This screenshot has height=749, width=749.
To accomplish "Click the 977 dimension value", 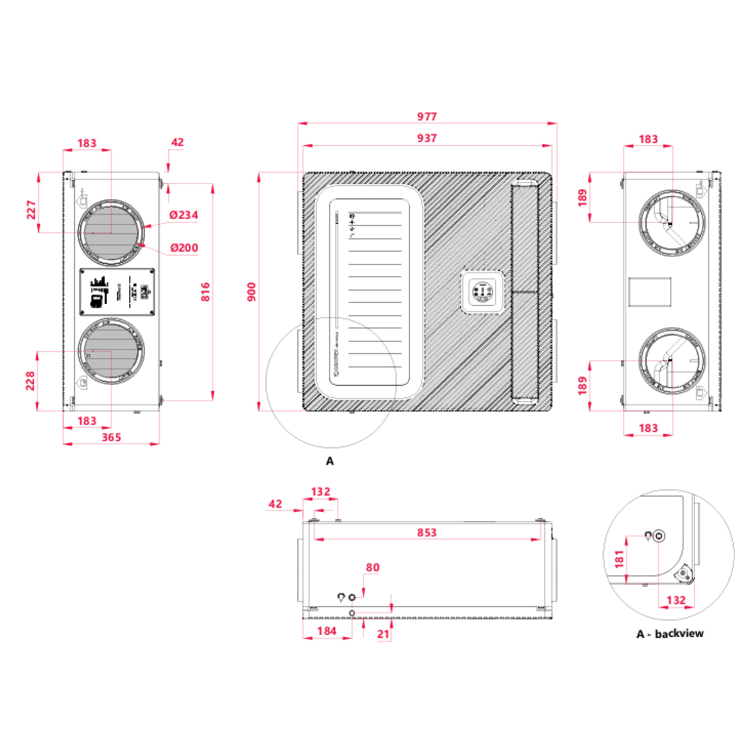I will click(427, 116).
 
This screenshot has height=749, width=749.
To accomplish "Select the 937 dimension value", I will click(427, 138).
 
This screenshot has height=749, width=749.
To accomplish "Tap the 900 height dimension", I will click(252, 291).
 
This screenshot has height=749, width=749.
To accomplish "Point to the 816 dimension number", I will click(205, 291).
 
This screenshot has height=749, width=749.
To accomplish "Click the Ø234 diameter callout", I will click(184, 215).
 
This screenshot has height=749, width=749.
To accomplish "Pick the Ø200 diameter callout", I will click(184, 248).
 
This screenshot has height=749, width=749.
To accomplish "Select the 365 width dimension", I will click(111, 437).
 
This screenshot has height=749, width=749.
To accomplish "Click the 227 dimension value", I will click(31, 210).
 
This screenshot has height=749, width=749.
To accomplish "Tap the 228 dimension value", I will click(30, 381).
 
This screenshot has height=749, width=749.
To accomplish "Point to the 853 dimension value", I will click(427, 533).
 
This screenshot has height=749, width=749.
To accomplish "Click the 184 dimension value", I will click(327, 631).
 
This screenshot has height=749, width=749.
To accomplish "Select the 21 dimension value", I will click(383, 634).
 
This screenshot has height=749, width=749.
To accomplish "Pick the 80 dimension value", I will click(372, 568).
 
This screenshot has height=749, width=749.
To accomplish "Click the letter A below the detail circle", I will click(329, 461).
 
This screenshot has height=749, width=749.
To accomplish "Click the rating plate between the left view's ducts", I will click(117, 292).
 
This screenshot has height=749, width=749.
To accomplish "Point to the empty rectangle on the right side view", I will click(649, 292).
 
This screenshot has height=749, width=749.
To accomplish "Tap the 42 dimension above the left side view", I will click(177, 142).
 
